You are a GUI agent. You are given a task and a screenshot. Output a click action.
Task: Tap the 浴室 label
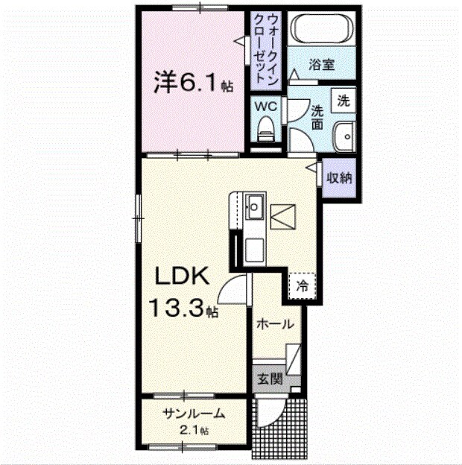click(x=323, y=64)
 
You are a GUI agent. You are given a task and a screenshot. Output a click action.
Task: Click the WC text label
click(x=266, y=107)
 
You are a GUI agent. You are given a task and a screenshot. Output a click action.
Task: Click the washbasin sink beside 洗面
click(x=344, y=136)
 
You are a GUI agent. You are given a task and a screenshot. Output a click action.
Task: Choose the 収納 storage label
click(x=340, y=178)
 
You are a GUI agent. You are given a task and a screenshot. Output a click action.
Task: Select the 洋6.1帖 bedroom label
click(x=192, y=83)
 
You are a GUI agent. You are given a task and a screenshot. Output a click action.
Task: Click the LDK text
click(x=184, y=277)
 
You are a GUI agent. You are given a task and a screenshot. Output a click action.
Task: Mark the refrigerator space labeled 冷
click(x=303, y=285)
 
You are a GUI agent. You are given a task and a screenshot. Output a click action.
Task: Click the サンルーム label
click(x=193, y=414)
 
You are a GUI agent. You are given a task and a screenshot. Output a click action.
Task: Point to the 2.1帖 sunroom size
click(x=193, y=430)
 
